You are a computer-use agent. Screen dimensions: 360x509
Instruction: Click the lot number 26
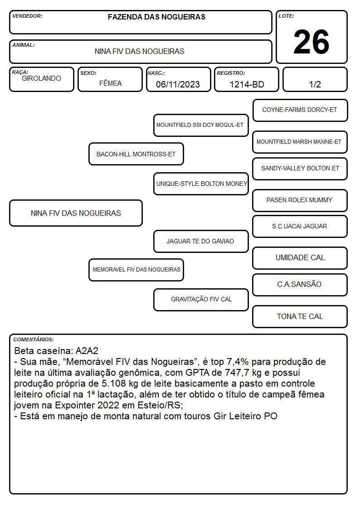point(311,42)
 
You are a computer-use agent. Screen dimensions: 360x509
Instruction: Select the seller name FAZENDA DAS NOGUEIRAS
point(156,17)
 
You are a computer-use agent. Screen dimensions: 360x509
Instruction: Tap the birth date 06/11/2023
point(178,84)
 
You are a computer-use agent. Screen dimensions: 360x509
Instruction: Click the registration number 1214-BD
point(247,84)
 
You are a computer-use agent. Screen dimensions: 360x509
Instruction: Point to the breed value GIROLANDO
point(41,78)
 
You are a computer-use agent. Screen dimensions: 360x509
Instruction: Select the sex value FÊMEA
point(110,83)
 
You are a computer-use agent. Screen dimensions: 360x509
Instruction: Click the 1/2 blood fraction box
point(315,79)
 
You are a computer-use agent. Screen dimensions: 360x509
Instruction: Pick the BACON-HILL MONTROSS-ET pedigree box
point(136,154)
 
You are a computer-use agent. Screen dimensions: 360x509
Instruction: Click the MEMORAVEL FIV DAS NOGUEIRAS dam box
point(136,270)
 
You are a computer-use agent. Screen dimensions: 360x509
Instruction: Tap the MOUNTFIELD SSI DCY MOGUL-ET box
point(201,125)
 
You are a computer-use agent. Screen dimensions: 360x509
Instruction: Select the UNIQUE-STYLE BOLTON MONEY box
point(201,184)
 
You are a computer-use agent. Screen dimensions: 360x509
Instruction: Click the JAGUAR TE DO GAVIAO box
point(201,241)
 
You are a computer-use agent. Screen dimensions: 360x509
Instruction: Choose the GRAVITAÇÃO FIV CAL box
point(201,300)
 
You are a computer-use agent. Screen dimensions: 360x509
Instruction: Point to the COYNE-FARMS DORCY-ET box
point(300,111)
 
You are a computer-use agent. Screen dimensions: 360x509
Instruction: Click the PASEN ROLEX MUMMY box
point(300,200)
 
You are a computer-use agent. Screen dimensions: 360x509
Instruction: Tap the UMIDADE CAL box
point(300,258)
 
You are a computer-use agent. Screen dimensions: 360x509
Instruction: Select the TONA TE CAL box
point(300,316)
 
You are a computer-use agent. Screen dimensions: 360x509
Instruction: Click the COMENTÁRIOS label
point(34,339)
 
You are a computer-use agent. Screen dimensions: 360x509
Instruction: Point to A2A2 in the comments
point(87,351)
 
